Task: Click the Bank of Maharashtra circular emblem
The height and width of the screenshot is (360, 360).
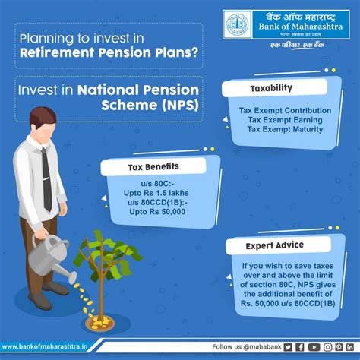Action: point(237,24)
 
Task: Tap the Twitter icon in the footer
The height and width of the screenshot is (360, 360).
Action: point(288,347)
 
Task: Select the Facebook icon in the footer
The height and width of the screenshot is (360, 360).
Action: point(300,347)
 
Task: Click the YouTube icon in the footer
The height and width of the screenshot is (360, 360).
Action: point(314,347)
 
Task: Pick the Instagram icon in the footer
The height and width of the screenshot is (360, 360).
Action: point(327,347)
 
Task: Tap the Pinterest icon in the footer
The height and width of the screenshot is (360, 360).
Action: point(339,347)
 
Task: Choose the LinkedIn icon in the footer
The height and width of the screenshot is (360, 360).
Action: point(350,347)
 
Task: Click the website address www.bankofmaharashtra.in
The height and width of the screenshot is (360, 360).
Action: point(45,346)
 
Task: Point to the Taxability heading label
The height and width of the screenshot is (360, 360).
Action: point(271,88)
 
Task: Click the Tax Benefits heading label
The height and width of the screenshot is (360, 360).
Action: point(153,167)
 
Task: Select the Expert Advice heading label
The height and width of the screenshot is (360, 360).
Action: point(275,245)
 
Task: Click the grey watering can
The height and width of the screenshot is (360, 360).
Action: point(51,257)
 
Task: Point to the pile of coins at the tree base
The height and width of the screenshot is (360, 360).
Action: point(100,322)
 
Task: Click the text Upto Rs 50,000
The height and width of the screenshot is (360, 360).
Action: point(157,212)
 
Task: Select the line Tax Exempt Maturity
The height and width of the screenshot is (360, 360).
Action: point(285,129)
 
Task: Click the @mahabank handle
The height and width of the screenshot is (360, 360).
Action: point(263,347)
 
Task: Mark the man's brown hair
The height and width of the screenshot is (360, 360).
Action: point(43,118)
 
